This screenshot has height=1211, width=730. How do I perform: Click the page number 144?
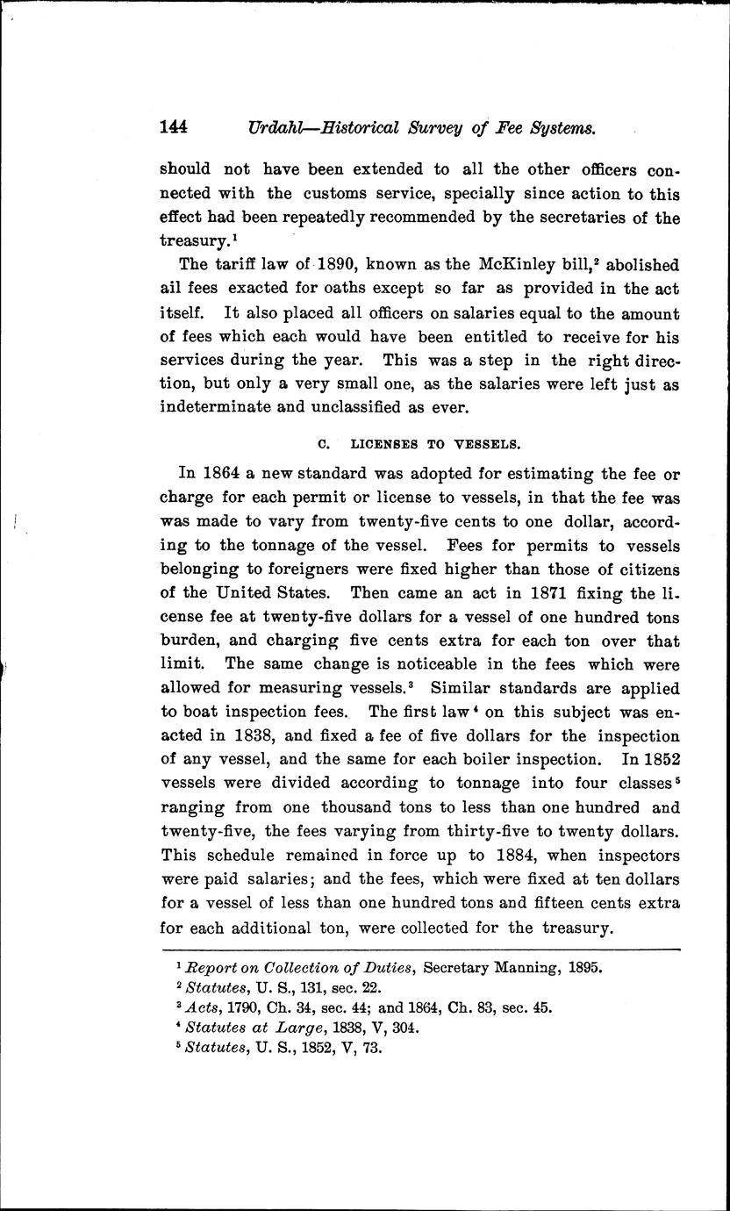coord(175,128)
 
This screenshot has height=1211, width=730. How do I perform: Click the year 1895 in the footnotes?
coord(584,969)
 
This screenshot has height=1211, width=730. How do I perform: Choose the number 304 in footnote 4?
coord(401,1028)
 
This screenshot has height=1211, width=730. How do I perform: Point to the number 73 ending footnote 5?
coord(374,1048)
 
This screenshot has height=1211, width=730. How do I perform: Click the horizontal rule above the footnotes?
coord(421,949)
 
